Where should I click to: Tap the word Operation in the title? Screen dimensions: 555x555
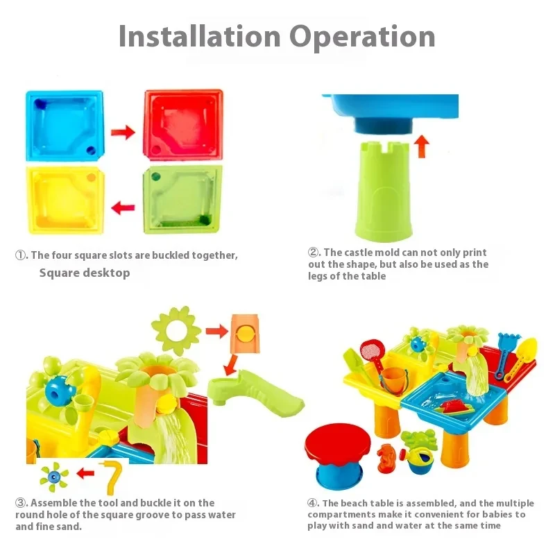362,36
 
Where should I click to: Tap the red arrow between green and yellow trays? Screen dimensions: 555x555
123,207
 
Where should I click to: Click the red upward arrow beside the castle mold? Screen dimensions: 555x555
422,146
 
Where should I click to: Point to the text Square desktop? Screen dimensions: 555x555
84,273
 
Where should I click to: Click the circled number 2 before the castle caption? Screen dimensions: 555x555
314,253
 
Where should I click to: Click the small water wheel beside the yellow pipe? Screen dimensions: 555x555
55,477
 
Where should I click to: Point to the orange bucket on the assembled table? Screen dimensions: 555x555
393,380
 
